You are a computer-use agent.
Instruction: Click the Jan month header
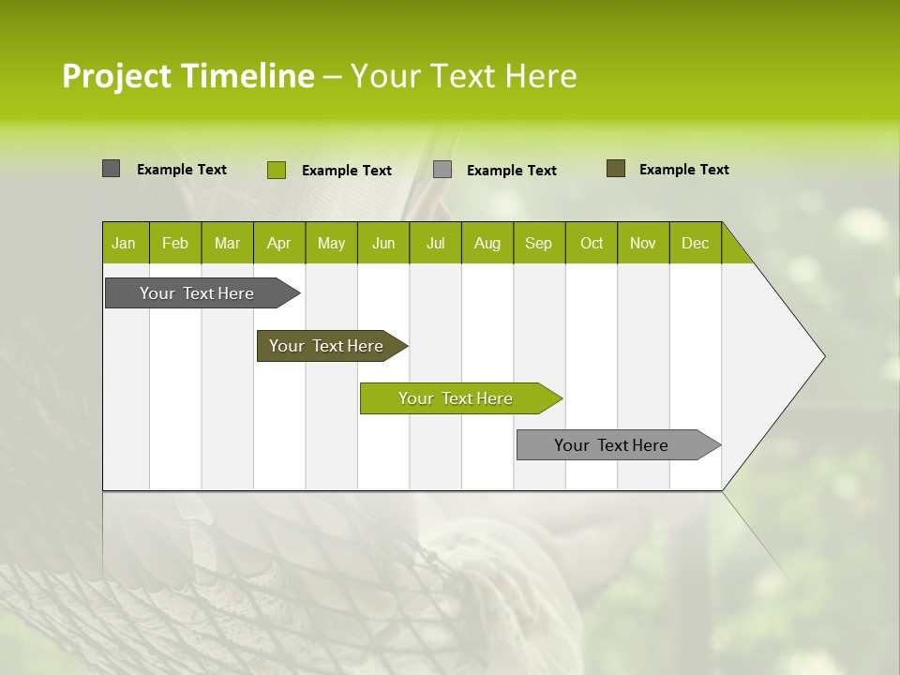click(124, 243)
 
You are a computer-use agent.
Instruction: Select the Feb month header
click(175, 243)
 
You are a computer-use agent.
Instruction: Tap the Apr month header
click(278, 243)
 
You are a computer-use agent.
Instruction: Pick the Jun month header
click(383, 243)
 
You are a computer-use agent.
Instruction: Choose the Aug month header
click(487, 243)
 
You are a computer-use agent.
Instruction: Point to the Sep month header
click(538, 243)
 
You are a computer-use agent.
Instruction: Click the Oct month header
click(592, 243)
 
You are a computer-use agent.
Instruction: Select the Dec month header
click(695, 243)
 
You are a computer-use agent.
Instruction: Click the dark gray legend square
click(111, 169)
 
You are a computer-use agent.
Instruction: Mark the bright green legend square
click(276, 170)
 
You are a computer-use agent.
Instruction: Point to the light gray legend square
click(442, 170)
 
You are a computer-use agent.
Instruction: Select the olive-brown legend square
click(615, 169)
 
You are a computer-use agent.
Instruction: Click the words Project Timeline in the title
click(187, 76)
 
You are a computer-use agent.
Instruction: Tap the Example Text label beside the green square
click(346, 171)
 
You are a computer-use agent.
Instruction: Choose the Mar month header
click(227, 243)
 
